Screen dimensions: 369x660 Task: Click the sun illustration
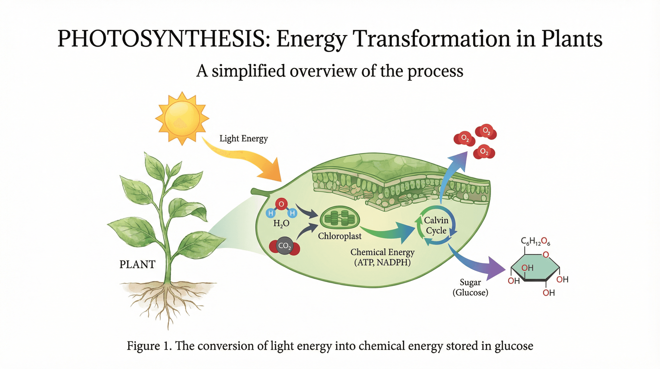point(182,118)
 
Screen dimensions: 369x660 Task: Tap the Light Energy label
point(243,139)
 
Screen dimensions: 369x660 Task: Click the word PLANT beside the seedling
point(137,264)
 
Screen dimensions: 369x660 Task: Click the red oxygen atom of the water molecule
point(281,204)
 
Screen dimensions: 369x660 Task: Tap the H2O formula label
point(281,223)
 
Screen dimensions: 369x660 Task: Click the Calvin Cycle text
point(436,225)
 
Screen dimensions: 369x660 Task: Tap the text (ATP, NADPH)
point(382,262)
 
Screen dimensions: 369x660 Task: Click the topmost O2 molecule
point(486,132)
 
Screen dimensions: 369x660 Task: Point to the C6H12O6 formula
point(536,242)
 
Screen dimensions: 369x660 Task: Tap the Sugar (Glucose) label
point(470,287)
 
